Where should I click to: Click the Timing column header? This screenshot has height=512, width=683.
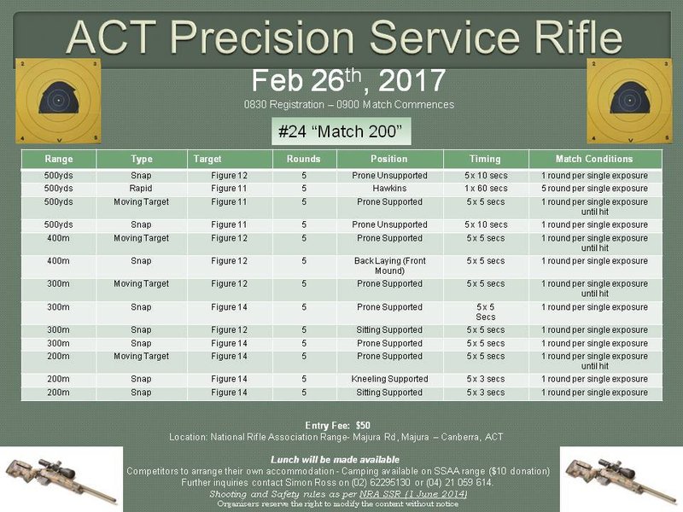click(x=485, y=159)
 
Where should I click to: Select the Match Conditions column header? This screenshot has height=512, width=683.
click(x=594, y=159)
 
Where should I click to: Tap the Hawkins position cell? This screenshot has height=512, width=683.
click(x=389, y=189)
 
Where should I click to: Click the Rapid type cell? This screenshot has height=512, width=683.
click(x=141, y=189)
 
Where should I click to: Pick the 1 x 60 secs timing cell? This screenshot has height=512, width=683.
click(x=486, y=189)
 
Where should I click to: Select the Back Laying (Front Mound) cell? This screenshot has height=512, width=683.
click(x=389, y=265)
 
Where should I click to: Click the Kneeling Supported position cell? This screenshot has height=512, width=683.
click(x=389, y=379)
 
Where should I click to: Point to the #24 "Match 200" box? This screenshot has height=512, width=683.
click(x=341, y=131)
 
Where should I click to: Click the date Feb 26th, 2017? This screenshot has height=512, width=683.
click(x=348, y=80)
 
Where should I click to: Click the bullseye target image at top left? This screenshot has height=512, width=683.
click(x=58, y=101)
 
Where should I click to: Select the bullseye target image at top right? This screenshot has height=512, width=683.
click(x=629, y=101)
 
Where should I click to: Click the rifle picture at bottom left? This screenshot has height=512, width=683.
click(x=61, y=479)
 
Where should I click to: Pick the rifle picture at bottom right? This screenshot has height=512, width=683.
click(x=621, y=479)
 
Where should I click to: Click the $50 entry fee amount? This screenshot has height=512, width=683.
click(x=363, y=425)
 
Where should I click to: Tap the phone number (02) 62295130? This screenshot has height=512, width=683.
click(x=379, y=483)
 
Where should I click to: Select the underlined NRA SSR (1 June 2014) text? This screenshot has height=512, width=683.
click(x=413, y=494)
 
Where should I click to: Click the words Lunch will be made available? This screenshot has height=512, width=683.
click(x=335, y=460)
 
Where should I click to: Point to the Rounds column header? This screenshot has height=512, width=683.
click(x=304, y=159)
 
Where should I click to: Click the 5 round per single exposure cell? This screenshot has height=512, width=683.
click(x=594, y=189)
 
